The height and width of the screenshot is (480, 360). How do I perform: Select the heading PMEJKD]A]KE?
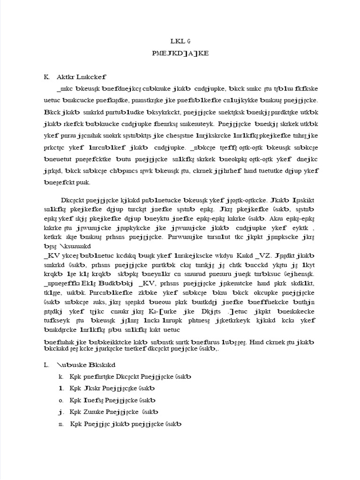pyautogui.click(x=180, y=53)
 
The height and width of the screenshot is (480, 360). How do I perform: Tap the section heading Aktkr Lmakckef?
pyautogui.click(x=82, y=76)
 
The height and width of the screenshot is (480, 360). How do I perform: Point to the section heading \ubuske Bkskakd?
pyautogui.click(x=87, y=364)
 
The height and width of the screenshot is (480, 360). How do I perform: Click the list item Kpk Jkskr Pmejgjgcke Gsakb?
pyautogui.click(x=112, y=389)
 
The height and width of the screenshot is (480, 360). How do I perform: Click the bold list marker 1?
pyautogui.click(x=60, y=389)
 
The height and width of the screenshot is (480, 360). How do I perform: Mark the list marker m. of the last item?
pyautogui.click(x=61, y=424)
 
